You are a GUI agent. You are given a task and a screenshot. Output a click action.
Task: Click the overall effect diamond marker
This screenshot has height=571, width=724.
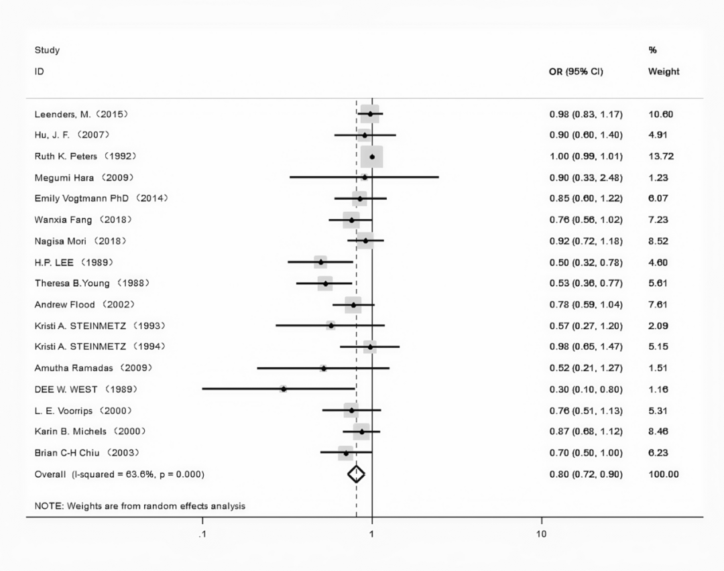coord(356,474)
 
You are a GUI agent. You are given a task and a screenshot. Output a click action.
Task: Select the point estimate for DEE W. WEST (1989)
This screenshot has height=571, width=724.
coord(284,389)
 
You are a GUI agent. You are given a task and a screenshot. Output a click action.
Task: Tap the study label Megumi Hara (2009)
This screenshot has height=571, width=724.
coord(84,178)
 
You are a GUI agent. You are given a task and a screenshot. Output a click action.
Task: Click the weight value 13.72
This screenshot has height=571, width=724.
coord(660,156)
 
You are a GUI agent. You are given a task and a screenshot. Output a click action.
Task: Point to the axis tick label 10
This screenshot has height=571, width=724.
coord(542,534)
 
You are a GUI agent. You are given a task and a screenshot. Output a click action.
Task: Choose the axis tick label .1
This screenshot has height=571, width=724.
coord(202,534)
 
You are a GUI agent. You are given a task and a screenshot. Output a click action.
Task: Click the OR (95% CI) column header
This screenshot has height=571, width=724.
coord(576,72)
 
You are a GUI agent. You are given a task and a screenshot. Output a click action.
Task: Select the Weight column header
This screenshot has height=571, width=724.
coord(663,72)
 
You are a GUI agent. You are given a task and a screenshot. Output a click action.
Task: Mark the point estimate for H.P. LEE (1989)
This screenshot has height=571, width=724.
coord(321,262)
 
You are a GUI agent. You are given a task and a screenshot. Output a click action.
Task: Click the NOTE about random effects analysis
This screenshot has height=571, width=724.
coord(140,506)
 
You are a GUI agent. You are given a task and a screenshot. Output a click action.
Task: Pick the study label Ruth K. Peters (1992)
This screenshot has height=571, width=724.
coord(86,156)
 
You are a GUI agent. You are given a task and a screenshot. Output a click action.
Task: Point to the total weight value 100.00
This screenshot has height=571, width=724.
coord(663,474)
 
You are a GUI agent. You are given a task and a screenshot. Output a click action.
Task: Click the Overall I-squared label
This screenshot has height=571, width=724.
coord(119,474)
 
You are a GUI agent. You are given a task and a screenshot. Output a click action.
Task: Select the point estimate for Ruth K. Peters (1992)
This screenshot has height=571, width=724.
coord(372,156)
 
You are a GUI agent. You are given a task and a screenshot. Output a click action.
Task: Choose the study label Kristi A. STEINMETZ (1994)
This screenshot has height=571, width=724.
coord(100,346)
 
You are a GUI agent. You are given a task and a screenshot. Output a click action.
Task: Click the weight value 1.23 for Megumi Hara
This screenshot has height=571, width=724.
coord(658,178)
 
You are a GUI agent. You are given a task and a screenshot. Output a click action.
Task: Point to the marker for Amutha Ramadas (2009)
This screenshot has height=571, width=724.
coord(324,368)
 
